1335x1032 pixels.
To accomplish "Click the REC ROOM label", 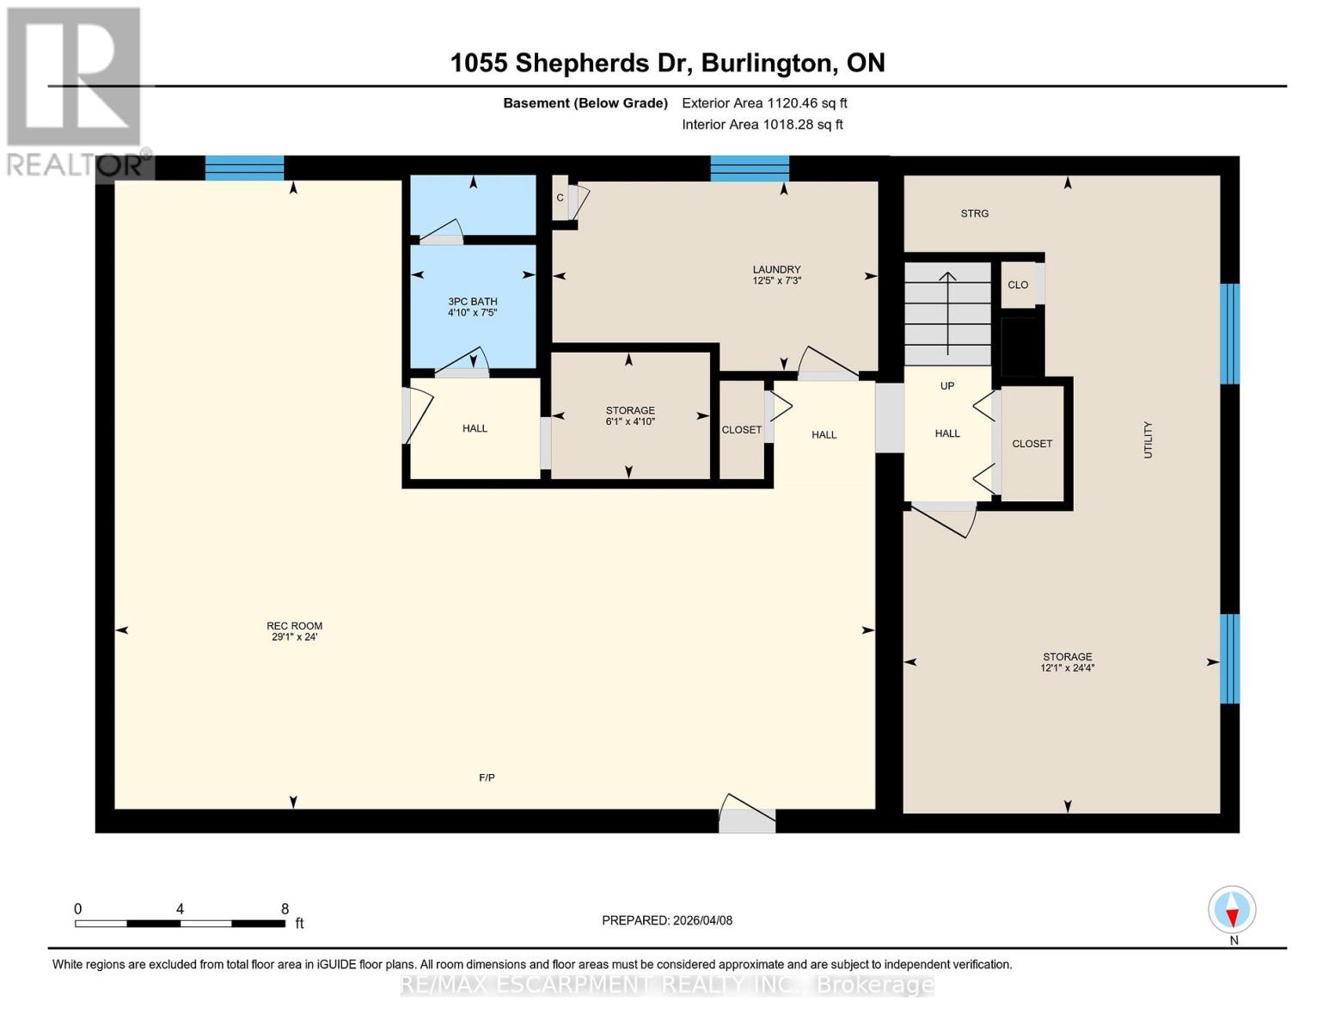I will (294, 626).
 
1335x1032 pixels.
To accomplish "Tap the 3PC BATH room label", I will (472, 302).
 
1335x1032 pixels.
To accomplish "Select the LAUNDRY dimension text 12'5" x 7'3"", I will (776, 281).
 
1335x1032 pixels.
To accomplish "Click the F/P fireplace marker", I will (487, 777).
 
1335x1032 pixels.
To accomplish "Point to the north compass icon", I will (1232, 910).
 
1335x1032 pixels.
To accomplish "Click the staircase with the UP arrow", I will (947, 314).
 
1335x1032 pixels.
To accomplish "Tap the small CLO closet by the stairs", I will (1019, 285).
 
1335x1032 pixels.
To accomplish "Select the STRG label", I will (974, 213).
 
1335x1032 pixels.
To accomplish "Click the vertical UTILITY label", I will (1148, 439).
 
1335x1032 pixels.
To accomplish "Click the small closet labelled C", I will (560, 198).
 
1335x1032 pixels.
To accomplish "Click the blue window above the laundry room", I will (749, 168).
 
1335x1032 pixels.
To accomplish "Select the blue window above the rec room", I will (244, 168).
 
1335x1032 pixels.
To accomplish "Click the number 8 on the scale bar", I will (285, 909).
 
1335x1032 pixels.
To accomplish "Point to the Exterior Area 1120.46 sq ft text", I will (764, 103).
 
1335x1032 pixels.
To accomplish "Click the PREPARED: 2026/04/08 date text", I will (666, 920).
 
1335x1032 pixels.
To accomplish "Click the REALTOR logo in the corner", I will (75, 90).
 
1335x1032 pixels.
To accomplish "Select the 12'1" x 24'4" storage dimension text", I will (1067, 668).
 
